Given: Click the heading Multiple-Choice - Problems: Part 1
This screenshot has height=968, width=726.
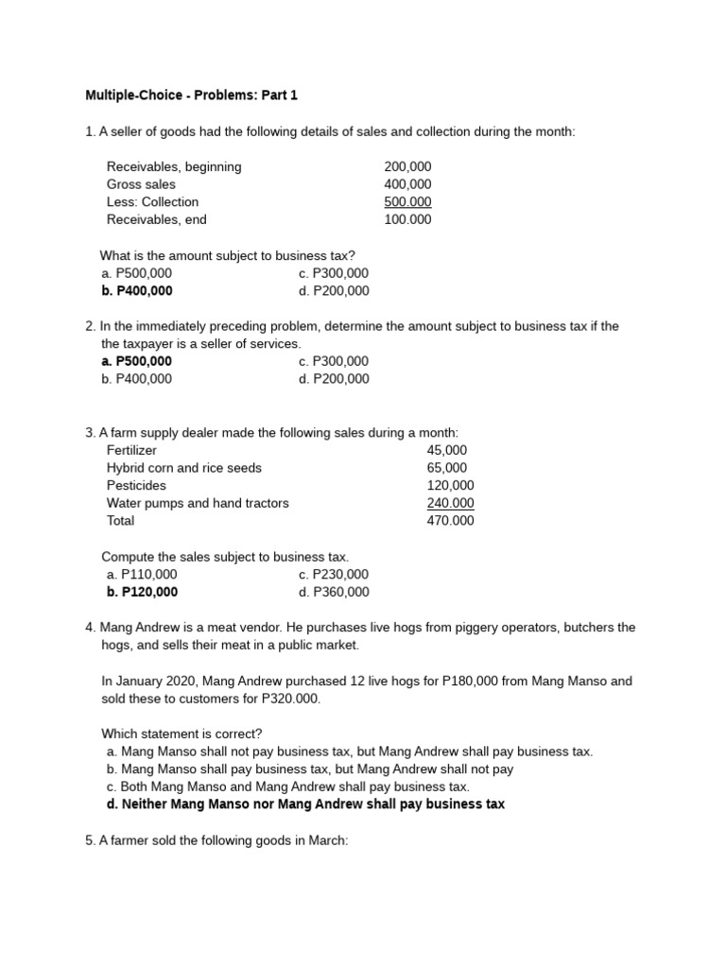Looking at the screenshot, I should point(191,95).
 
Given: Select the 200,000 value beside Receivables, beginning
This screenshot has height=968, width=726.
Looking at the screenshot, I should point(407,166).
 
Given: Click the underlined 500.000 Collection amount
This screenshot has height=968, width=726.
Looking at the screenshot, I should point(407,201).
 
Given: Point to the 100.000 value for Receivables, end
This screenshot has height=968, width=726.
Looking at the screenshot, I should point(407,219).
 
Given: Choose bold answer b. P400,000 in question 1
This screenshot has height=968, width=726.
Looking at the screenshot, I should point(137,291).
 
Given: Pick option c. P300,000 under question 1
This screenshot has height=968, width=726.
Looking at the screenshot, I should point(334,273).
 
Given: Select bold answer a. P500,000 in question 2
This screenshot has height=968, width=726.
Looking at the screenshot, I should point(137,361).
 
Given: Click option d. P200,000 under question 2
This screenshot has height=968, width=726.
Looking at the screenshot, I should point(334,379).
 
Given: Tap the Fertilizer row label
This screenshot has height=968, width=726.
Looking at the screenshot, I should point(131,450).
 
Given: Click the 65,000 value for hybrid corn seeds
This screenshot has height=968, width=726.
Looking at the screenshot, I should point(451,468).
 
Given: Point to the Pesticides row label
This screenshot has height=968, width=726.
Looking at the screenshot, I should point(136,485).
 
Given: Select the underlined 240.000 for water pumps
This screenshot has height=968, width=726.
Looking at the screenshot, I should point(451,503).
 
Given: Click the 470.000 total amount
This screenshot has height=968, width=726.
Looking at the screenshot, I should point(451,521).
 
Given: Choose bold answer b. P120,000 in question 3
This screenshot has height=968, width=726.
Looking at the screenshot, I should point(139,592).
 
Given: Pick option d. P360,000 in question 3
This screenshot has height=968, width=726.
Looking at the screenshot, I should point(334,592).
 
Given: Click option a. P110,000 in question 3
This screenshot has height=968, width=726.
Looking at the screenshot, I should point(142,574).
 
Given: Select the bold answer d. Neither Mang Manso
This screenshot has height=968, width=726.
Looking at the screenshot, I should point(306,804).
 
